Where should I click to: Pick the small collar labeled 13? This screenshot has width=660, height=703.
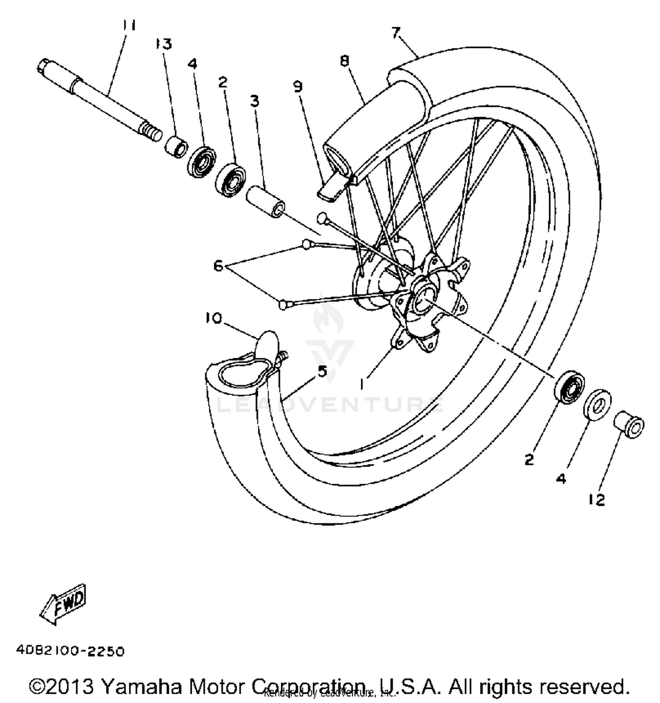[x=176, y=146]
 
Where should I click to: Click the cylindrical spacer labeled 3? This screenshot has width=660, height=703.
[x=264, y=202]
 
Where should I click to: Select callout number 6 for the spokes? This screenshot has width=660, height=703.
[x=218, y=265]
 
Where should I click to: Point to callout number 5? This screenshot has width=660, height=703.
[x=323, y=371]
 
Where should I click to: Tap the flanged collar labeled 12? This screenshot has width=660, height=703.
[x=629, y=424]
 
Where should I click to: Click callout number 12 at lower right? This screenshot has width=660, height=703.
[x=597, y=499]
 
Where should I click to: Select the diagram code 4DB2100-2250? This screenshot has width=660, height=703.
[x=70, y=651]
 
